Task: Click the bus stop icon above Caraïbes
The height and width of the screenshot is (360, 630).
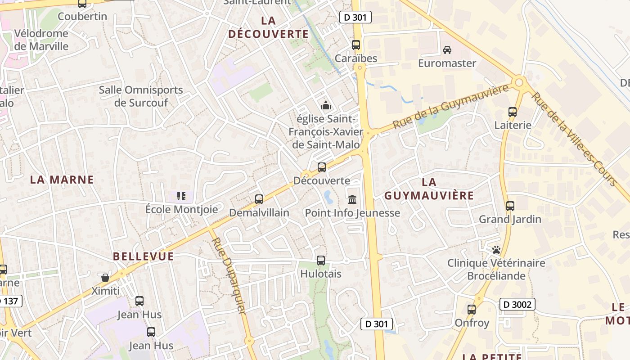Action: coord(356,45)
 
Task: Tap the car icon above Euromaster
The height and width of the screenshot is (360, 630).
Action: coord(447,49)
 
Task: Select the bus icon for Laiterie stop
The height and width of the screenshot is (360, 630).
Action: coord(512,112)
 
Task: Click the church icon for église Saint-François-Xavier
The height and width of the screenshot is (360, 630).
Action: coord(325,106)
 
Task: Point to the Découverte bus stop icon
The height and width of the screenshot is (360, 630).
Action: coord(322,167)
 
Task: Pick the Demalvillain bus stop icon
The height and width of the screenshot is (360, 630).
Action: coord(259,199)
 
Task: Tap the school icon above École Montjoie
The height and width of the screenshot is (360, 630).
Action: coord(181,196)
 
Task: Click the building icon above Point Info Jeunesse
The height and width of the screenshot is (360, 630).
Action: coord(352,199)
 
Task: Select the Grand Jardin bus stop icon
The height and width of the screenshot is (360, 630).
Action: coord(510,206)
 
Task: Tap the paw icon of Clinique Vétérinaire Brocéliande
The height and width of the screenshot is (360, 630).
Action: coord(496,249)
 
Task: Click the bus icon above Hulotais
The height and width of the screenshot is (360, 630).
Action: coord(321,260)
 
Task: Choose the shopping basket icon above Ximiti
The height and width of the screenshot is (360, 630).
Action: coord(105,278)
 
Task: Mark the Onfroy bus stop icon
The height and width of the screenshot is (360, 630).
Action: coord(471,309)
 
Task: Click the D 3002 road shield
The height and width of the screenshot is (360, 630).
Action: coord(517,305)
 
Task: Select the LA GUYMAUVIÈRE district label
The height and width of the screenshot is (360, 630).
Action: coord(429,189)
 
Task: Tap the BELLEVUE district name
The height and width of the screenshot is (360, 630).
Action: coord(143,256)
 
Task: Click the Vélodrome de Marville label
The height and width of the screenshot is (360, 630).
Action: coord(41,40)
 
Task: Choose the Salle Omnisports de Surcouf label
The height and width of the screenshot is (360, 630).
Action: coord(141,96)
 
